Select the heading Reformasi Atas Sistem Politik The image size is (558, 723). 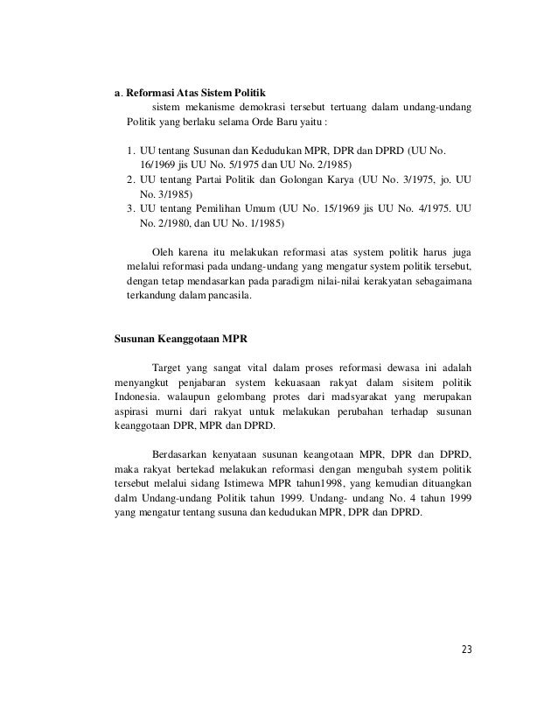192,92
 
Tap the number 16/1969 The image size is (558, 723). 158,165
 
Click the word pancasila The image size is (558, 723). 225,295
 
